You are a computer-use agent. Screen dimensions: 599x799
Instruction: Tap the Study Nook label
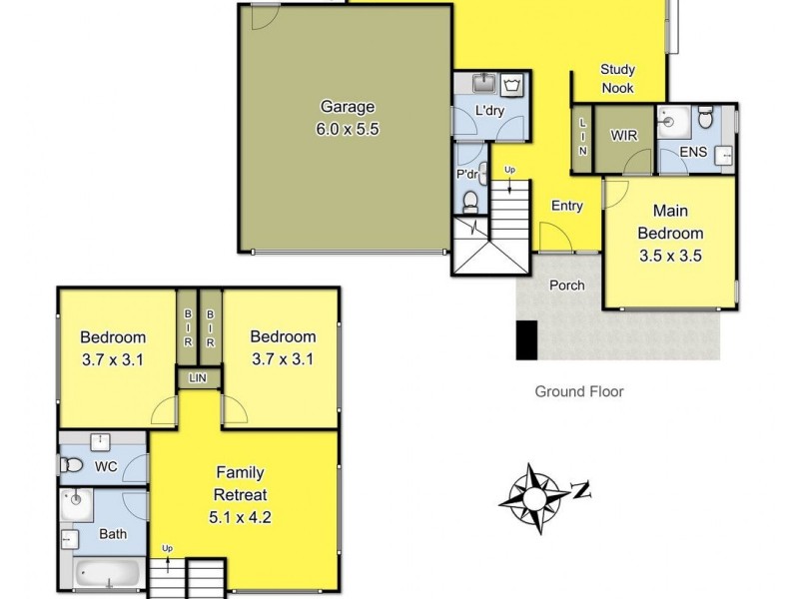618,78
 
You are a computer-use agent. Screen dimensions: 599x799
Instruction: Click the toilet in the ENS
705,119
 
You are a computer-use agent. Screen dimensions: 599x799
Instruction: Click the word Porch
566,285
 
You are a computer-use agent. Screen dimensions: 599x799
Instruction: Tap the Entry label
566,206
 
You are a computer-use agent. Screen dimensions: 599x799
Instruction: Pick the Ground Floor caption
579,391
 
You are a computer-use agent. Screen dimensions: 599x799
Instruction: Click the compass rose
538,491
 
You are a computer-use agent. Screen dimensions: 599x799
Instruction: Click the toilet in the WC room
71,465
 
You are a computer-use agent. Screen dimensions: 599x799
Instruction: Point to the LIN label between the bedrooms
198,378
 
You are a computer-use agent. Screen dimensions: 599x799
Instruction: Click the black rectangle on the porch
527,340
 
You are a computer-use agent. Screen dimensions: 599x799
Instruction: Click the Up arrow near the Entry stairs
510,172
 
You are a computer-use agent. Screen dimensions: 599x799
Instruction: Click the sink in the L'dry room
486,81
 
